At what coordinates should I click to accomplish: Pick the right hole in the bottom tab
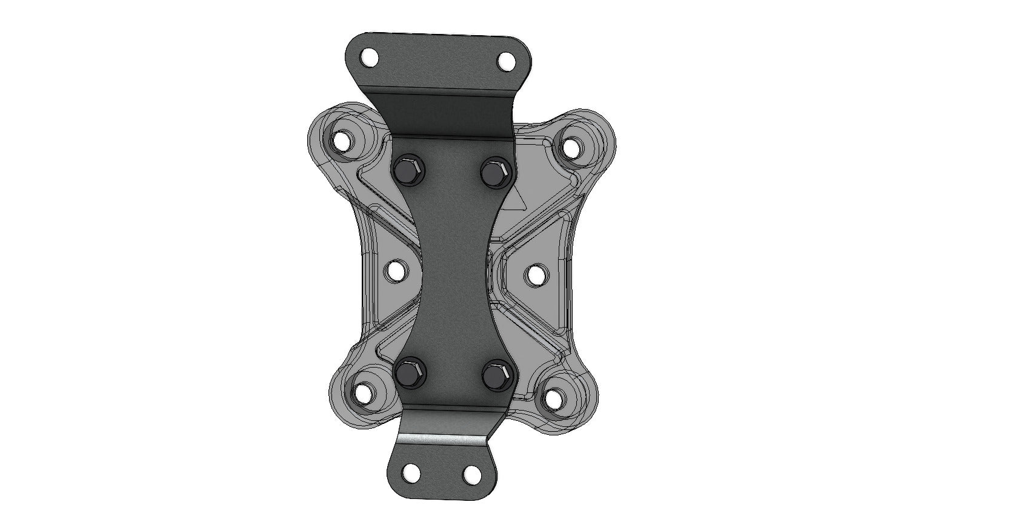471,472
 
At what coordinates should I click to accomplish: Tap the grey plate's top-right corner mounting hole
571,146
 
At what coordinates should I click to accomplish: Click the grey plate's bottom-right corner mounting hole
553,398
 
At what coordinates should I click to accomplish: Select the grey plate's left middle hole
396,271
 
